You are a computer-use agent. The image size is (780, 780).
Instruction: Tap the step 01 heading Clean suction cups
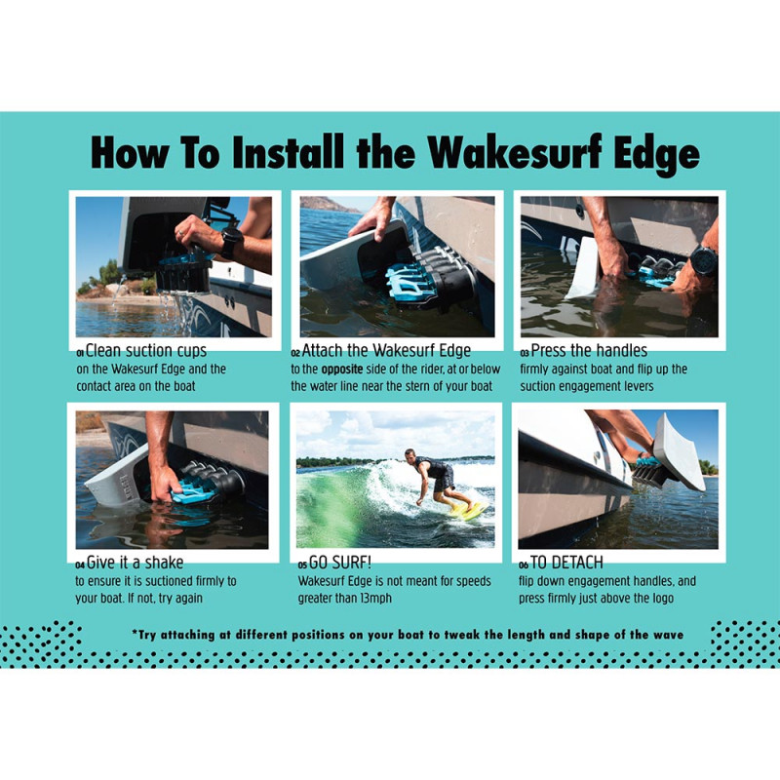click(x=145, y=351)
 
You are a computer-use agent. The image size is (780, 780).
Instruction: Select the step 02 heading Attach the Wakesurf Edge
click(x=386, y=351)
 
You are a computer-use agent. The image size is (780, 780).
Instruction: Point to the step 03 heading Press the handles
click(x=589, y=351)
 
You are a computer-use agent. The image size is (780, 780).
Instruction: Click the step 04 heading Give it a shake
click(x=135, y=563)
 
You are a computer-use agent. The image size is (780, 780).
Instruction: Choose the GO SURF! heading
click(x=340, y=563)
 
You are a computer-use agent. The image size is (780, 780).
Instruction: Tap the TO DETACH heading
click(x=566, y=563)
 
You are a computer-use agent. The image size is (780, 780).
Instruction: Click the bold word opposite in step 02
click(x=342, y=370)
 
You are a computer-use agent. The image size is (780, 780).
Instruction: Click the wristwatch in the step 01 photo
click(x=232, y=243)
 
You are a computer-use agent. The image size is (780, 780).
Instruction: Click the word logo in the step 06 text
click(x=661, y=599)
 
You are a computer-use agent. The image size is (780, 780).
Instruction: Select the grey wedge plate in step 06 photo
click(x=679, y=451)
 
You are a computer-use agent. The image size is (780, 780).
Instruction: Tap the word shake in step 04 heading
click(x=165, y=563)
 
